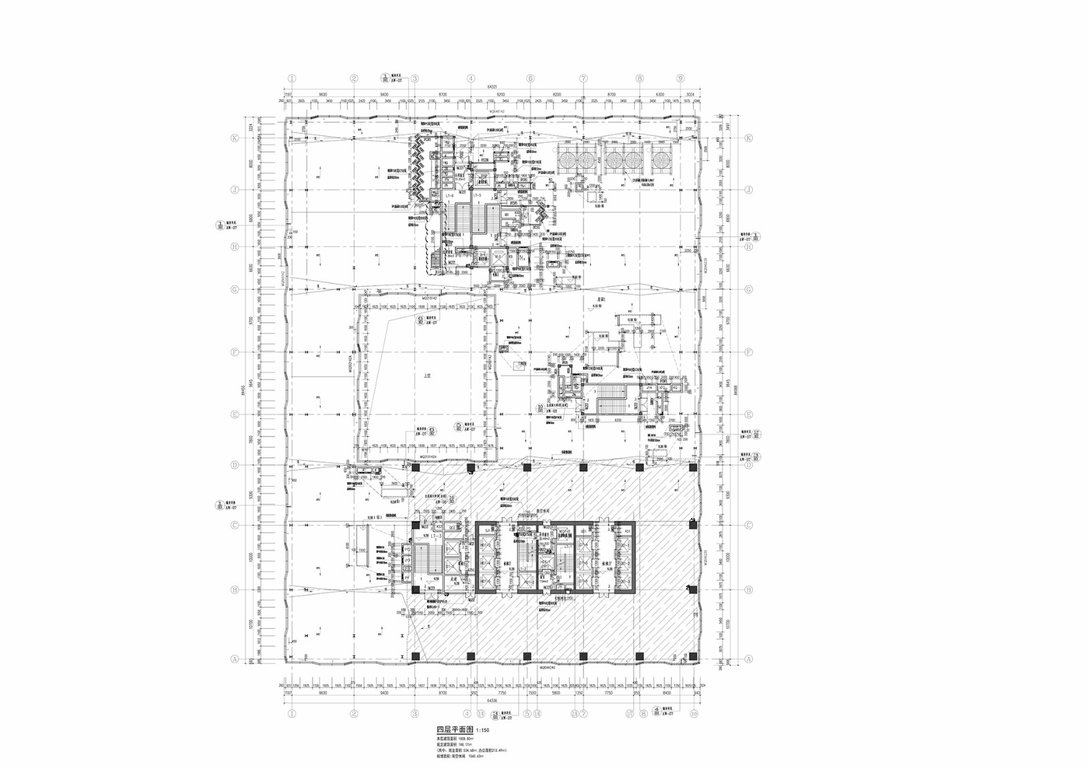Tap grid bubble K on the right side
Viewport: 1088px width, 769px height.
[x=749, y=138]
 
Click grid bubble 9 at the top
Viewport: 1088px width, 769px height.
[x=680, y=78]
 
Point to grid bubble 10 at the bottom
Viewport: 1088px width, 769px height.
[x=694, y=714]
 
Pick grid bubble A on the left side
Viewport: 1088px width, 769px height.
[x=235, y=659]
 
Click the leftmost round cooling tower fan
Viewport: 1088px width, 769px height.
[x=566, y=160]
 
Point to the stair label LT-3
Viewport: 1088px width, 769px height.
[x=436, y=536]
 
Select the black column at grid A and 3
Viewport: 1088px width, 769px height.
[x=415, y=656]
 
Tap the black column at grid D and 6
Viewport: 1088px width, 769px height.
[x=526, y=468]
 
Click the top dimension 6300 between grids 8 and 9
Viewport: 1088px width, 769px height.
[x=659, y=95]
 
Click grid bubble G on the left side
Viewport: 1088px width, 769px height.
[x=235, y=290]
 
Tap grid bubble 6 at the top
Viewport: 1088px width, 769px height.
[x=530, y=78]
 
